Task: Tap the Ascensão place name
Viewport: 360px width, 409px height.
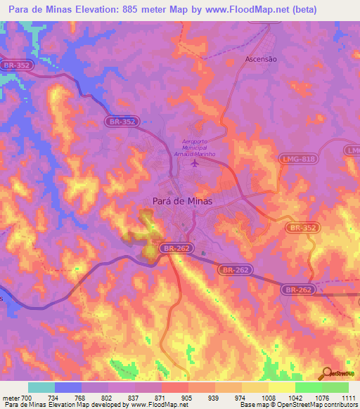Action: coord(261,59)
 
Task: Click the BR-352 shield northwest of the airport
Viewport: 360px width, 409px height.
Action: coord(122,122)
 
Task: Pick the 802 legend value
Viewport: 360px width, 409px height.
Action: coord(108,398)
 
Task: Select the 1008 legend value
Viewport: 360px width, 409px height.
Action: coord(269,398)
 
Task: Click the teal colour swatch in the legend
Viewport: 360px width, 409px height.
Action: coord(41,387)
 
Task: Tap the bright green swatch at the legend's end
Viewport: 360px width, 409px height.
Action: coord(335,387)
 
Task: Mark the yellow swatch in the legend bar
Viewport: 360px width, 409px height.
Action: coord(281,387)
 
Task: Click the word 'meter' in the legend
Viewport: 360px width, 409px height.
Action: coord(10,398)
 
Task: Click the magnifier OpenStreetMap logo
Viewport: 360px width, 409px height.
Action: coord(327,375)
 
